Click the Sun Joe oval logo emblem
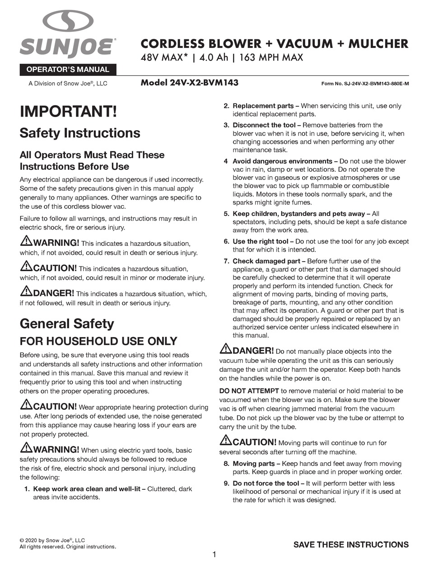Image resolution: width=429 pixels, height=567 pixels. pyautogui.click(x=68, y=21)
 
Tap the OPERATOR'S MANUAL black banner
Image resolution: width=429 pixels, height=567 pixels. pyautogui.click(x=68, y=70)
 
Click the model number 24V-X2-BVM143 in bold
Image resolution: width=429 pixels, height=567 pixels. pyautogui.click(x=189, y=83)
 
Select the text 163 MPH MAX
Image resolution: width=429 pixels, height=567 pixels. pyautogui.click(x=271, y=58)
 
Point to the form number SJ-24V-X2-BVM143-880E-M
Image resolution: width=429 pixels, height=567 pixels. pyautogui.click(x=365, y=84)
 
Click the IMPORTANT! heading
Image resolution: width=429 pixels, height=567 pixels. pyautogui.click(x=68, y=112)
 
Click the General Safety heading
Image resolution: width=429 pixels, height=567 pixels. pyautogui.click(x=67, y=323)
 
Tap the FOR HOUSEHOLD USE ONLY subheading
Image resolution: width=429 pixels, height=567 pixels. pyautogui.click(x=98, y=341)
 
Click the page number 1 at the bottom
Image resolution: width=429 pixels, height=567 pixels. pyautogui.click(x=214, y=554)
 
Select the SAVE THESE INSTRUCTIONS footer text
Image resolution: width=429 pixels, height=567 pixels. pyautogui.click(x=351, y=544)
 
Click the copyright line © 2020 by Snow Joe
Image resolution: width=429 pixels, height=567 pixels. pyautogui.click(x=52, y=540)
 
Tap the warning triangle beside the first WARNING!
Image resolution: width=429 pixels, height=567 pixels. pyautogui.click(x=26, y=241)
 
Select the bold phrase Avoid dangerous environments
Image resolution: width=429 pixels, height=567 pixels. pyautogui.click(x=283, y=161)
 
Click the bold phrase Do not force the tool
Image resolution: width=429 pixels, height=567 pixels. pyautogui.click(x=266, y=483)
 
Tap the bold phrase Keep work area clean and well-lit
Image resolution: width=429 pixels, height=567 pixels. pyautogui.click(x=89, y=489)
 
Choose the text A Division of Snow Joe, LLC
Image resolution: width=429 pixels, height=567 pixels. pyautogui.click(x=68, y=84)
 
